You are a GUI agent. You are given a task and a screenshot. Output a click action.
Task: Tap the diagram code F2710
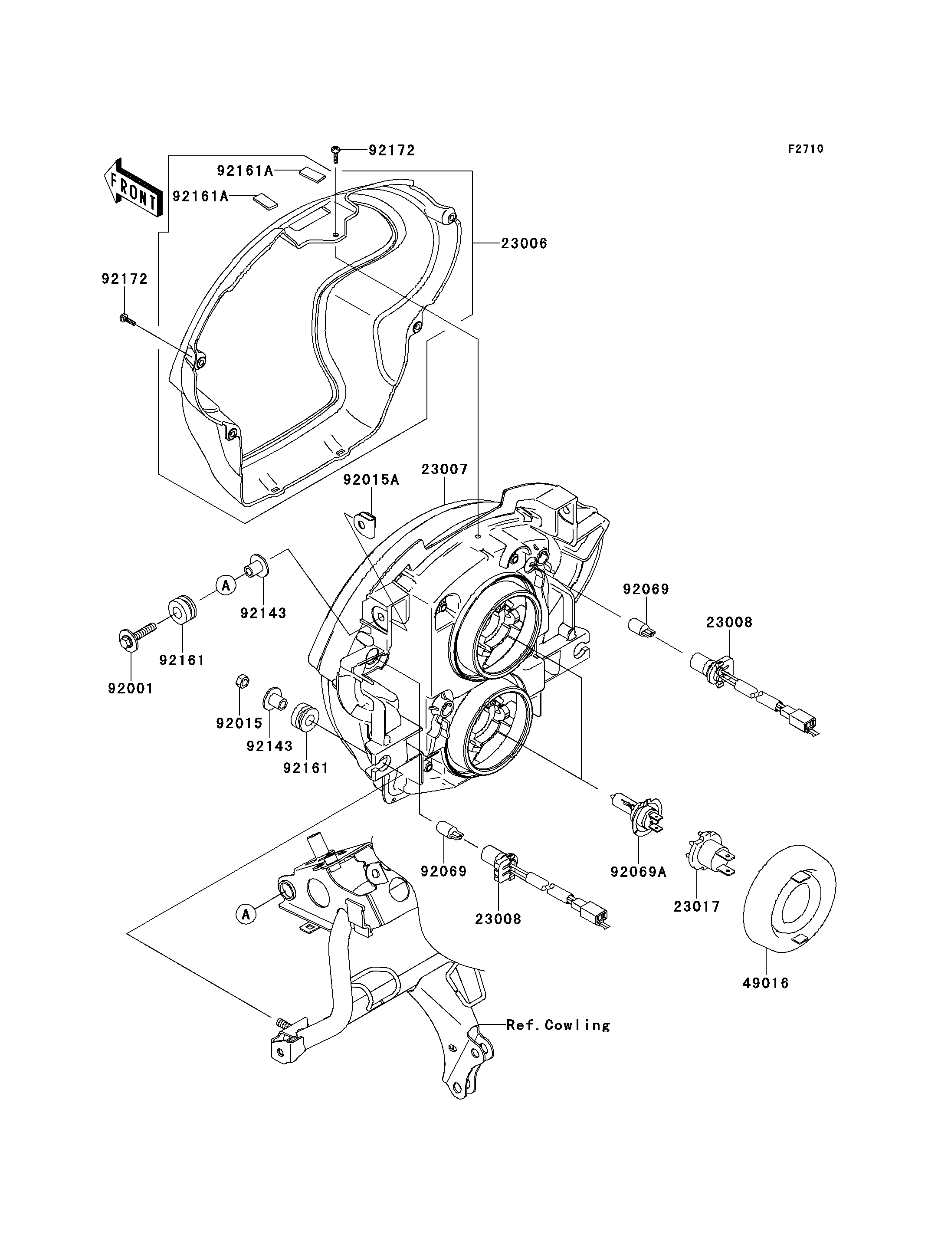coord(806,149)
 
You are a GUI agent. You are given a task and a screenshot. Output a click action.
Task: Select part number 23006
coord(524,243)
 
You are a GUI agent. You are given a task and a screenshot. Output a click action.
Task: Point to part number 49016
coord(765,983)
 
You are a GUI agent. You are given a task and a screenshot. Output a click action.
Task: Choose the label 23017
coord(696,906)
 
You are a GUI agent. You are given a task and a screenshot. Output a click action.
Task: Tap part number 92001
coord(131,689)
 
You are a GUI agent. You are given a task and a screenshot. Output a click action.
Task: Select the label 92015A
coord(371,480)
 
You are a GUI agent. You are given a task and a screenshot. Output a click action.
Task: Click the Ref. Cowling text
coord(558,1025)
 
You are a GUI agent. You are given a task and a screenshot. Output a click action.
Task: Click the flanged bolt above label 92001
coord(135,635)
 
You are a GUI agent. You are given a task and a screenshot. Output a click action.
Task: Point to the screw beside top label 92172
coord(335,150)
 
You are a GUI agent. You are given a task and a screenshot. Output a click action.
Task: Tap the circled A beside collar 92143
coord(225,585)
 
